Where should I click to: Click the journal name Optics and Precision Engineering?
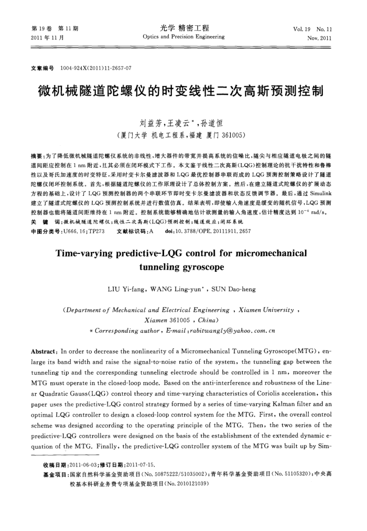tap(183, 37)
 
